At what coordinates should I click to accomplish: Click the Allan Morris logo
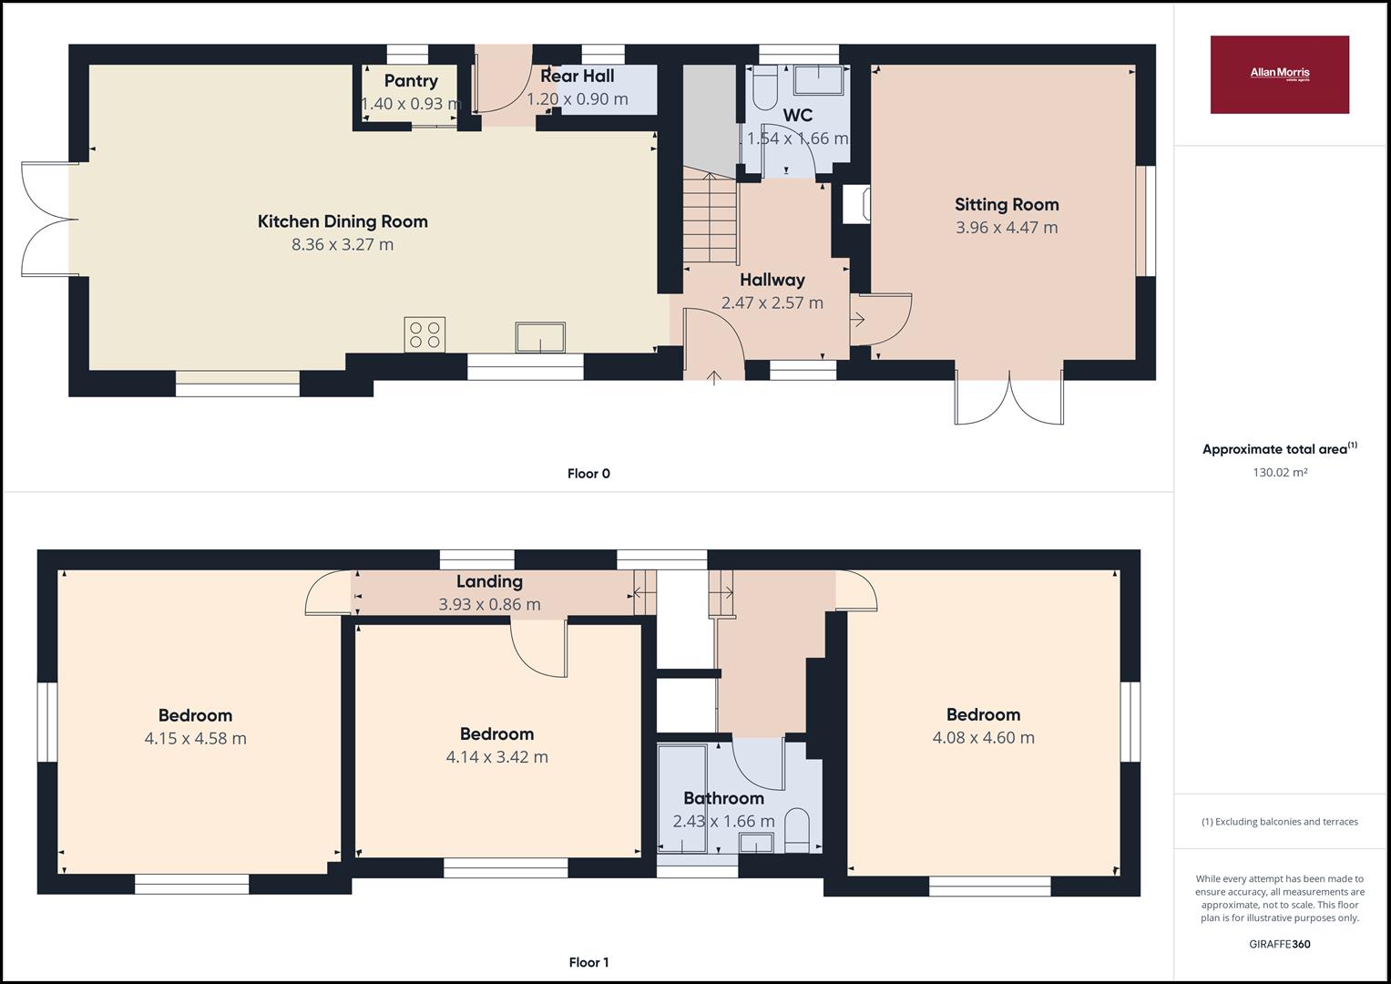click(1279, 75)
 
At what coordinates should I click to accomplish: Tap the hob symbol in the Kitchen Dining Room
click(425, 333)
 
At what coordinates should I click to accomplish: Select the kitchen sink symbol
click(540, 337)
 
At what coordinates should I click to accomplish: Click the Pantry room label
click(411, 81)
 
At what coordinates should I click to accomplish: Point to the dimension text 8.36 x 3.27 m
click(343, 244)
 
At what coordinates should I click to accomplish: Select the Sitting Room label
click(1007, 204)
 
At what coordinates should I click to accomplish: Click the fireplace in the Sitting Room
click(856, 205)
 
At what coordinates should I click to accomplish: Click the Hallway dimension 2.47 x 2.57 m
click(772, 302)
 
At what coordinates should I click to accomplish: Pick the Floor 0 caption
click(588, 473)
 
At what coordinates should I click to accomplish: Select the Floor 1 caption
click(588, 962)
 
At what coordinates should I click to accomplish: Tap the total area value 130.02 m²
click(1280, 472)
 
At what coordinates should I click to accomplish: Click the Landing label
click(489, 581)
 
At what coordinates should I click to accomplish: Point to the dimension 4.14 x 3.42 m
click(496, 756)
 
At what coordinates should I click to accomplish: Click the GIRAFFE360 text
click(1280, 944)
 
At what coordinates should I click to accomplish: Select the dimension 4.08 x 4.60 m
click(983, 737)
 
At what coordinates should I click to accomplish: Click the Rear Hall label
click(577, 77)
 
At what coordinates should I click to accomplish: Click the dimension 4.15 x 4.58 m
click(195, 738)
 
